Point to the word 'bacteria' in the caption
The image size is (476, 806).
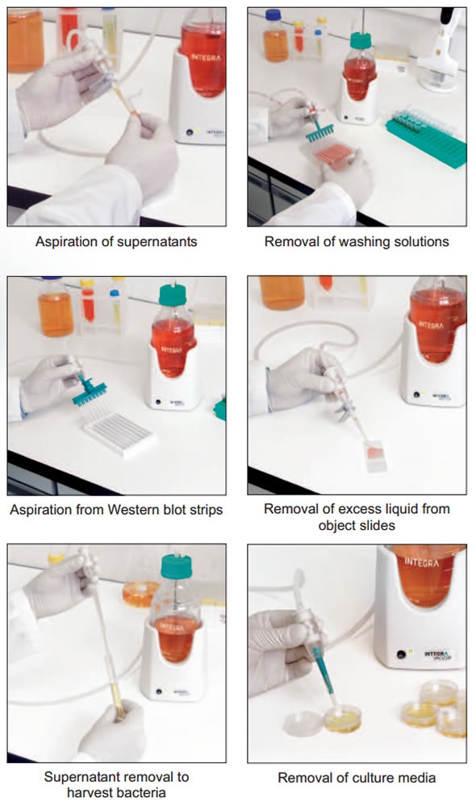coord(141,792)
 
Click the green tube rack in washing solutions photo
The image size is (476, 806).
coord(427,136)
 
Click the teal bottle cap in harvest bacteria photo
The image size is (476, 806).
coord(177,566)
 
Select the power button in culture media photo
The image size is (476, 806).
coord(401,654)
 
